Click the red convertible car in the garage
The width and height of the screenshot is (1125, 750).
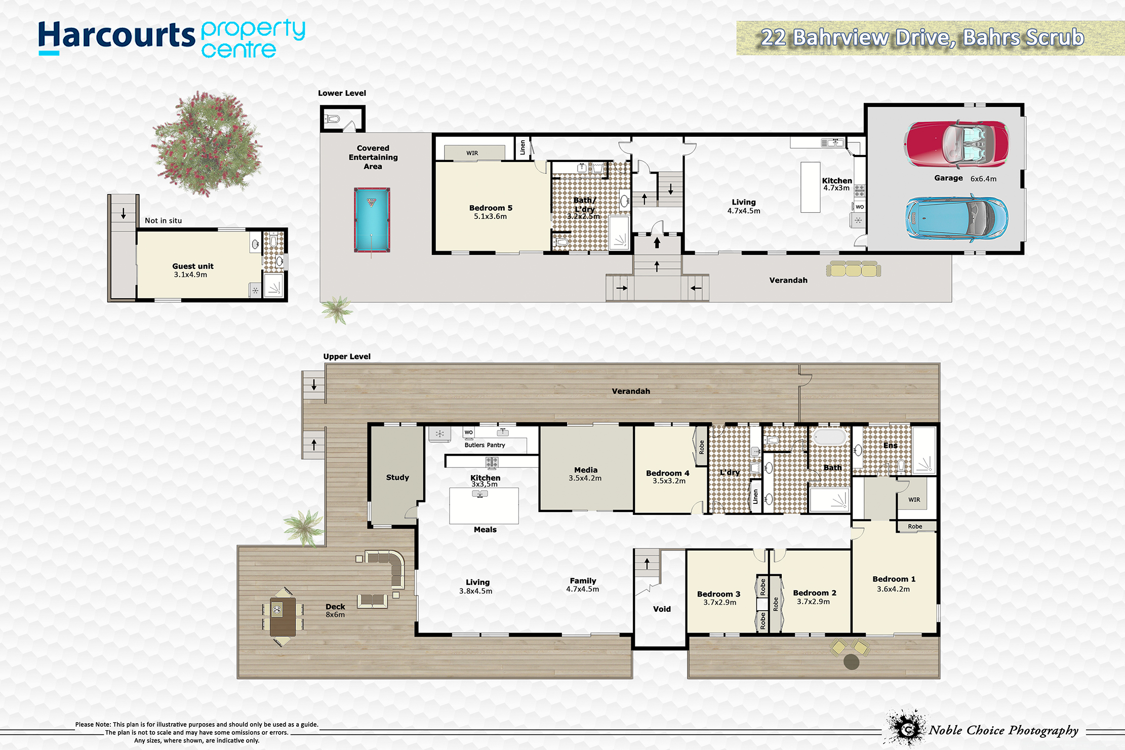click(x=956, y=144)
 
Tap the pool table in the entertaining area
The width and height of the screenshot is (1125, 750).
click(x=372, y=220)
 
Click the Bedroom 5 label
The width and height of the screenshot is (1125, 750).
click(x=491, y=208)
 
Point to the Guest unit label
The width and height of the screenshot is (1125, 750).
click(x=193, y=266)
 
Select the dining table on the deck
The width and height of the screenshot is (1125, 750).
click(x=283, y=617)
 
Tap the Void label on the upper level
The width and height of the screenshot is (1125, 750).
click(x=662, y=609)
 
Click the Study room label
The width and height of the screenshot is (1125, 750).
click(x=397, y=477)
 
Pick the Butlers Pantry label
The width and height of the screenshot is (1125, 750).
click(x=485, y=445)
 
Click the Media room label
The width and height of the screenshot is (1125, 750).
click(x=586, y=470)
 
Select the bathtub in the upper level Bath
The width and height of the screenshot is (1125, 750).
click(x=830, y=437)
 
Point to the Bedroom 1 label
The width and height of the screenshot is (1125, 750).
click(x=894, y=579)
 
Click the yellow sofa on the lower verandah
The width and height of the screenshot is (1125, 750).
click(x=853, y=269)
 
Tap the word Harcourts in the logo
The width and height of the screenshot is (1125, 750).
click(x=116, y=35)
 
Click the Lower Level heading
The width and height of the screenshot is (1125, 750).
click(x=342, y=93)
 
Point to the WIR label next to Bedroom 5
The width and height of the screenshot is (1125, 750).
click(x=472, y=153)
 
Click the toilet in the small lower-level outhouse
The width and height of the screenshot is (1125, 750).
click(x=332, y=120)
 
